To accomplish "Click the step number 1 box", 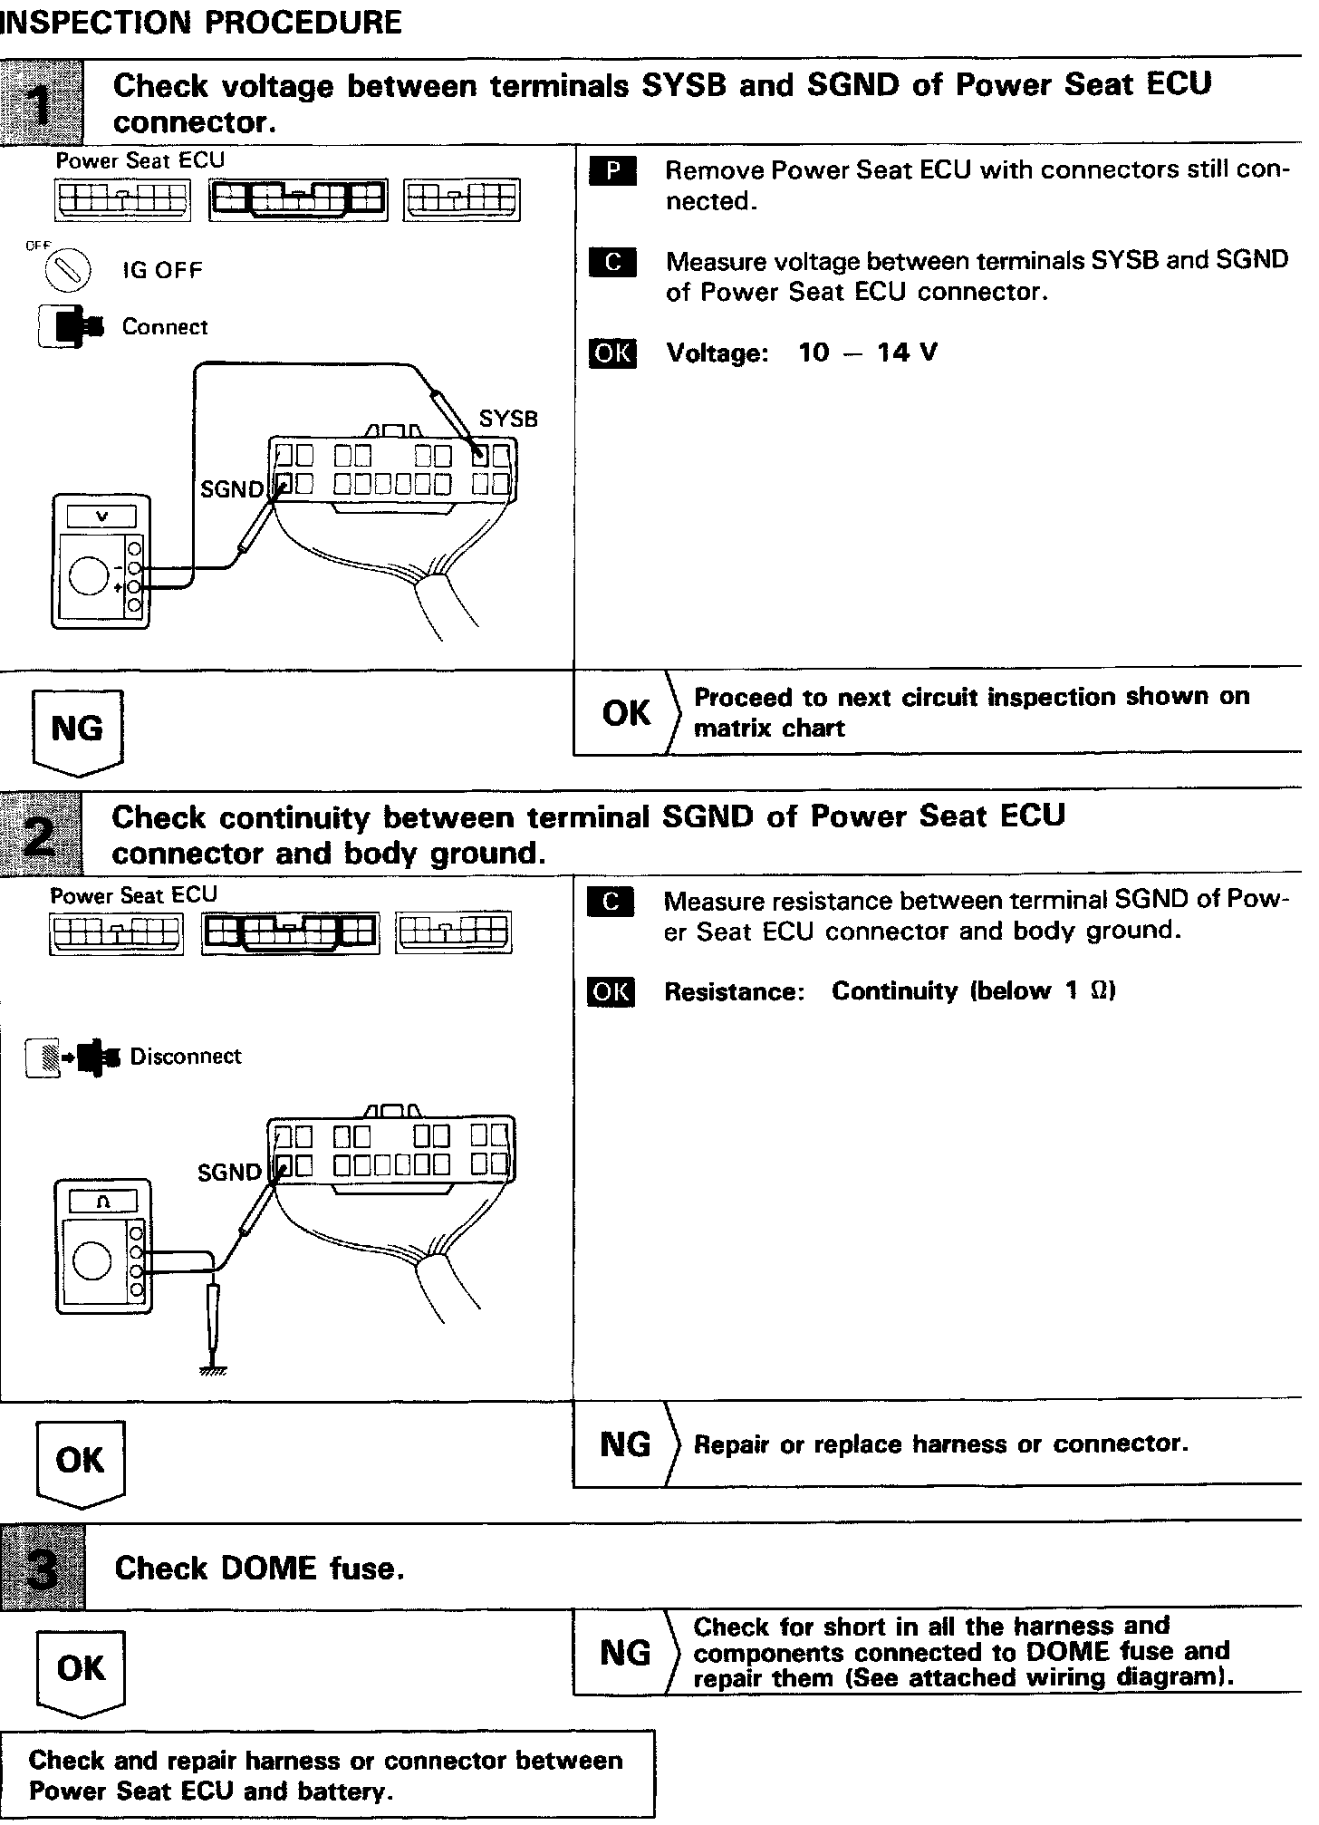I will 41,102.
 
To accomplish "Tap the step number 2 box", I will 41,833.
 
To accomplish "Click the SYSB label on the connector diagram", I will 508,420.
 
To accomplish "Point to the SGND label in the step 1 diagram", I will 231,490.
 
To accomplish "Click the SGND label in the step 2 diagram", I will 229,1173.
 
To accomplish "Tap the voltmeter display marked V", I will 101,517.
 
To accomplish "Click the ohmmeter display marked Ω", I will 102,1202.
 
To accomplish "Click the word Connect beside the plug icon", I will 165,327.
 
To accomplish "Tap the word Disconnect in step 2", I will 186,1057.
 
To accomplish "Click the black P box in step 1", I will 612,170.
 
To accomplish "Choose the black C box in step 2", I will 611,902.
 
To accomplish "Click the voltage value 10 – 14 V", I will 867,352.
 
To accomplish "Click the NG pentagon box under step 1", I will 78,730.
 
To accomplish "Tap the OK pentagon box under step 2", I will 81,1462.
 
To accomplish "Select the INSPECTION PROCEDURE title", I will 201,23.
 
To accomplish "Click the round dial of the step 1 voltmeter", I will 89,577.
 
